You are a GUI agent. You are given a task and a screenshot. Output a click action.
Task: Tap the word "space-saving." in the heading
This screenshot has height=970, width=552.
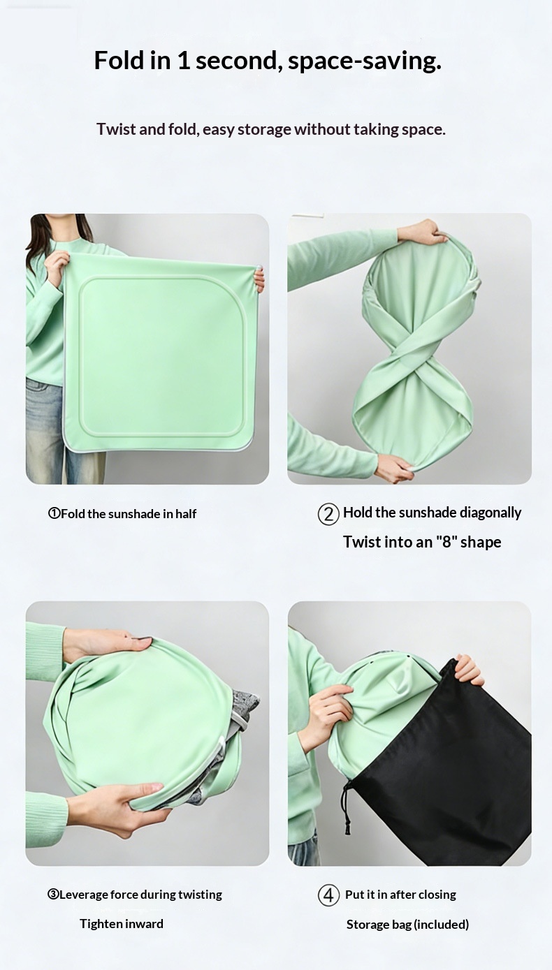click(x=365, y=61)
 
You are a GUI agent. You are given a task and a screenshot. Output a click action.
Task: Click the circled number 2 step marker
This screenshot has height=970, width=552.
click(x=328, y=515)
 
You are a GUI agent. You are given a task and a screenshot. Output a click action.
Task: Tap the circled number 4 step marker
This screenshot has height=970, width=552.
click(x=328, y=895)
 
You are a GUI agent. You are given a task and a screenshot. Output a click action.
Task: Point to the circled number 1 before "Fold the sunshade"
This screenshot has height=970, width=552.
click(x=55, y=514)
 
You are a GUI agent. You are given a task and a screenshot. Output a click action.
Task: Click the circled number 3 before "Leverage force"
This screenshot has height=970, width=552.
click(x=53, y=895)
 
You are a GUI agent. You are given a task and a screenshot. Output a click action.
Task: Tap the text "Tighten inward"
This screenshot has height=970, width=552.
click(x=122, y=924)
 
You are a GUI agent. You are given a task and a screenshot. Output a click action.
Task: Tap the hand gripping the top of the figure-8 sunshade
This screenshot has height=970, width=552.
click(x=429, y=232)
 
